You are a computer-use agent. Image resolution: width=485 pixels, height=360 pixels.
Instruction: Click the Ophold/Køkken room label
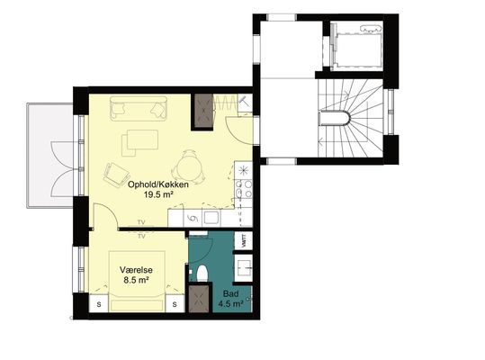click(158, 184)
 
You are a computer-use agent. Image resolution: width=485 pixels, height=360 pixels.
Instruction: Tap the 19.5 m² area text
click(158, 194)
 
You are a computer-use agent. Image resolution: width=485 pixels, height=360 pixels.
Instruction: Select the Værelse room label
click(136, 270)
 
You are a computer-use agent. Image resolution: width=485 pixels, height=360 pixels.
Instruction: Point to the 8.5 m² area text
click(136, 280)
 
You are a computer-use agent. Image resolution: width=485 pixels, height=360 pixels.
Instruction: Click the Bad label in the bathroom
click(230, 293)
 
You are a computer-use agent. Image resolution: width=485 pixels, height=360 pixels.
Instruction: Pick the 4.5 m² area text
click(230, 303)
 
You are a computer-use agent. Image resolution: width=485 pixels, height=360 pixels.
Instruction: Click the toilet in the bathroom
click(202, 274)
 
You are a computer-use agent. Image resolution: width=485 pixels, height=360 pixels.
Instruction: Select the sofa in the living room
click(139, 108)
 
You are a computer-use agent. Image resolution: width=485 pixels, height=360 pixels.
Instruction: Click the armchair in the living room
click(116, 175)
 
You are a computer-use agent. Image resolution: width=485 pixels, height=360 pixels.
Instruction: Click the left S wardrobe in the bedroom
click(99, 303)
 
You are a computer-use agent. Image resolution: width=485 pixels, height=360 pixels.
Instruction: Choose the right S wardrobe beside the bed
click(175, 303)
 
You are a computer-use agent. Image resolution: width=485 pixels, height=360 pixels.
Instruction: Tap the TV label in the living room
click(141, 222)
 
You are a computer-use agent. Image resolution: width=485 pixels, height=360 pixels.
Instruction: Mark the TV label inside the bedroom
click(141, 237)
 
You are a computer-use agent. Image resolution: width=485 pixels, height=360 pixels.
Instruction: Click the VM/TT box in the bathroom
click(244, 240)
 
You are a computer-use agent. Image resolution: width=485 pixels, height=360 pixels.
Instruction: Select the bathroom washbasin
click(244, 267)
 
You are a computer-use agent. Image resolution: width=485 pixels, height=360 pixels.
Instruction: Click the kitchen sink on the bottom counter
click(211, 218)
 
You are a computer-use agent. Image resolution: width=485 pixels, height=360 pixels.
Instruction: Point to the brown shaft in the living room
click(202, 111)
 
